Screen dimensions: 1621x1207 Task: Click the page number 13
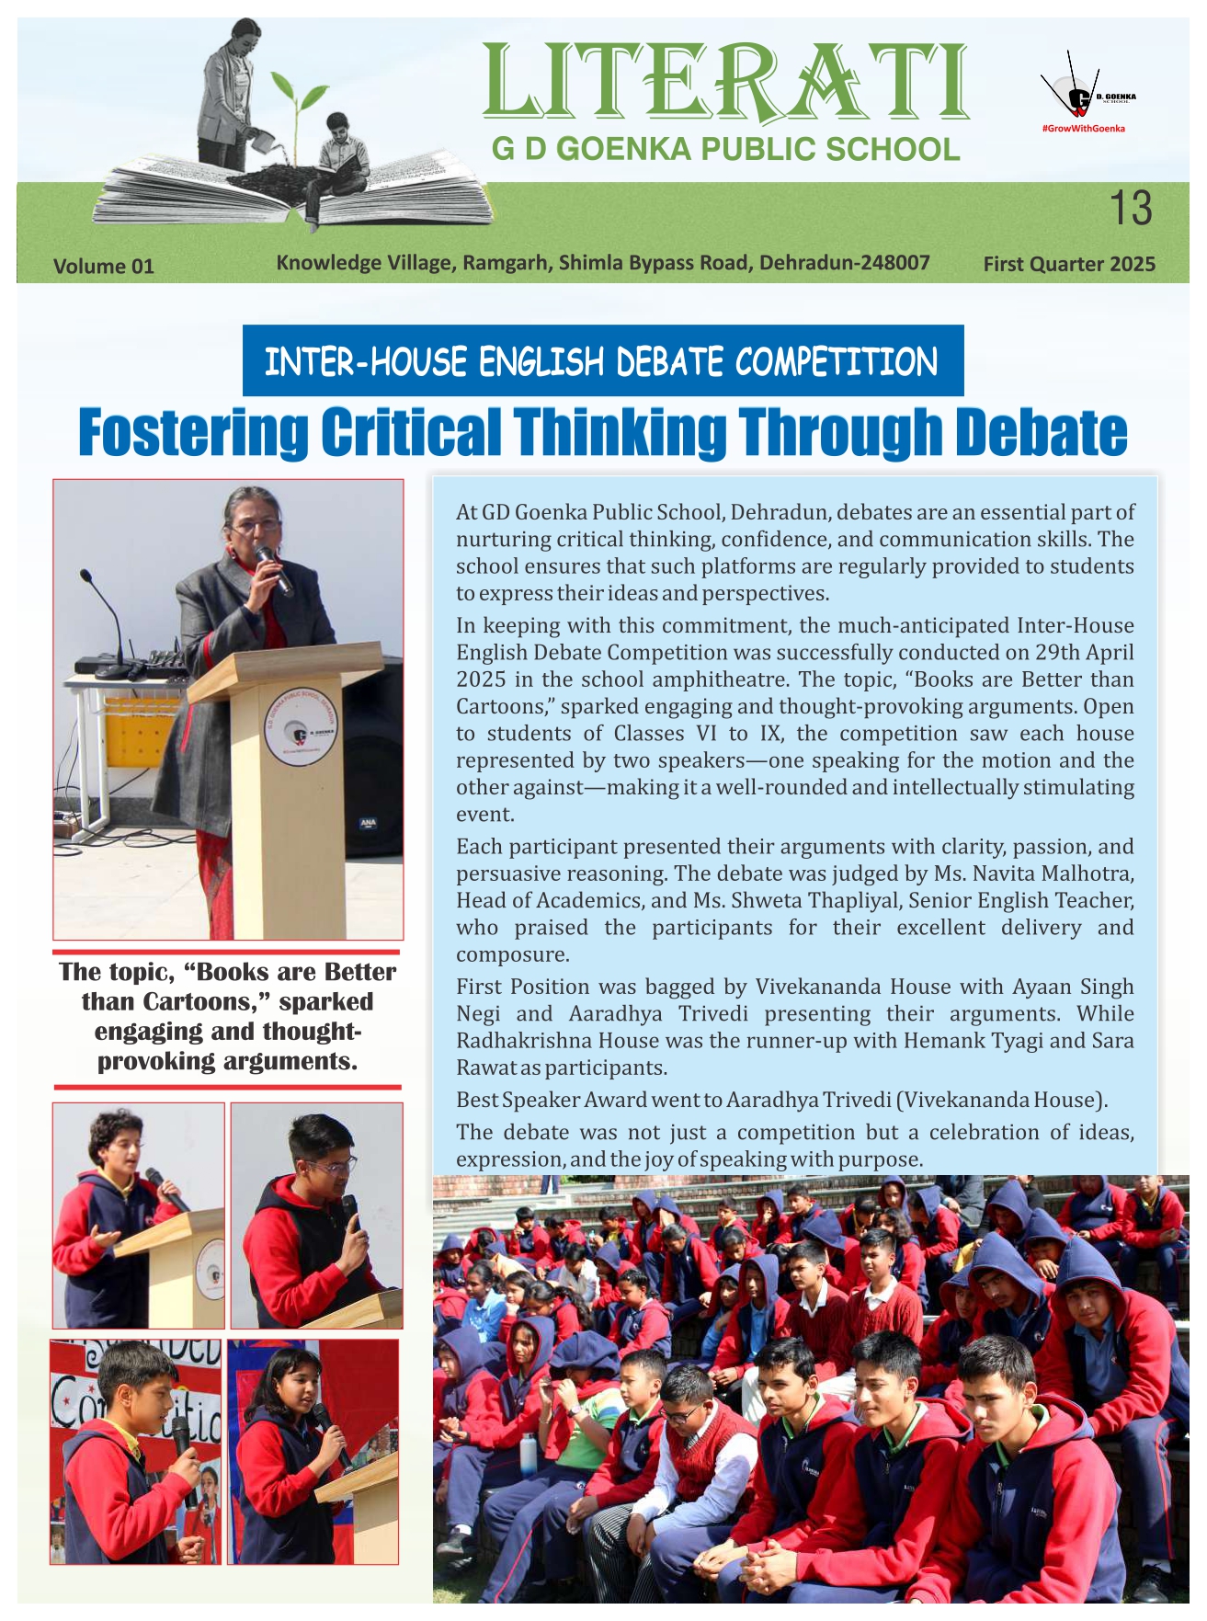pos(1130,208)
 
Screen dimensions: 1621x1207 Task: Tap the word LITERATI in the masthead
pos(725,83)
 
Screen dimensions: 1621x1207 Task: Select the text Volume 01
pos(103,267)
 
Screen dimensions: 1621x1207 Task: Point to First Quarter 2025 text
pos(1068,265)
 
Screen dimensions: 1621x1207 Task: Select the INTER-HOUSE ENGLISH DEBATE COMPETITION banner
pos(602,361)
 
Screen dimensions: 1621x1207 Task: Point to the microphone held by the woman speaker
pos(273,567)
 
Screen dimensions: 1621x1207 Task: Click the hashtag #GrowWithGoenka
pos(1083,129)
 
